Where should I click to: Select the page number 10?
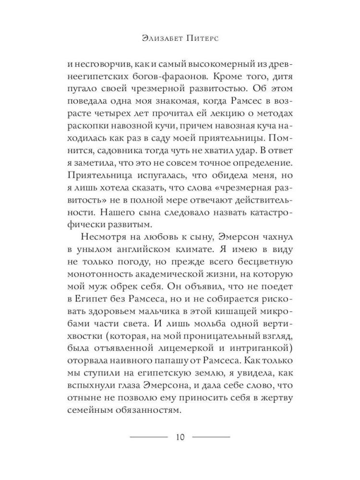point(180,437)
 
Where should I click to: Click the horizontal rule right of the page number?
point(211,437)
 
